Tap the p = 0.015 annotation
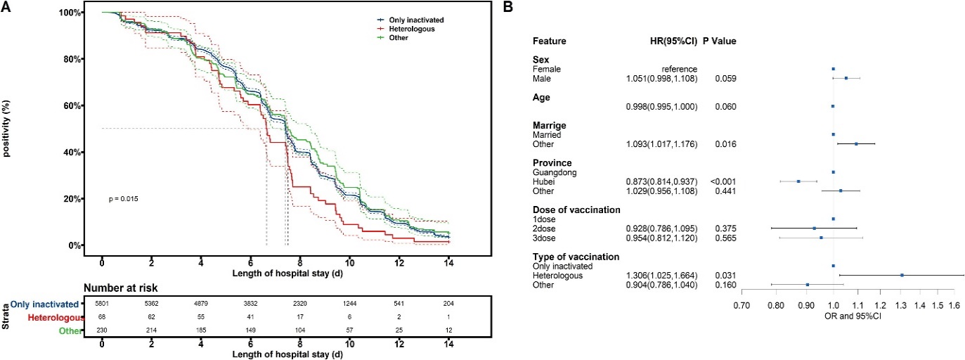124,199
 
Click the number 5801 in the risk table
103,304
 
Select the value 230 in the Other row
103,328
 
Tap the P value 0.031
726,275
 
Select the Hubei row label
543,181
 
